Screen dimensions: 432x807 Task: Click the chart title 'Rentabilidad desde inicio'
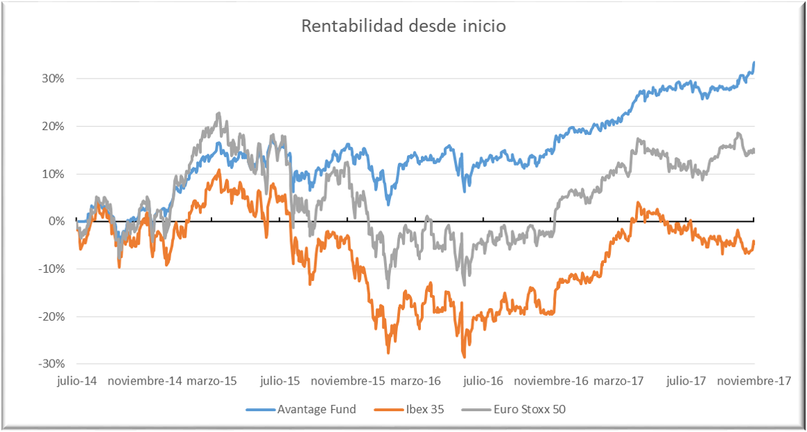point(403,26)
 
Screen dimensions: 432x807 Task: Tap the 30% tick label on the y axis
point(52,79)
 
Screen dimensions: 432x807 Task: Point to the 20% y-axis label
point(52,127)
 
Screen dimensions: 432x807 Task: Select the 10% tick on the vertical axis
point(52,174)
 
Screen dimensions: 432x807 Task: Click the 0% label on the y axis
point(55,221)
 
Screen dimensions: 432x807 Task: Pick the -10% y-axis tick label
point(51,269)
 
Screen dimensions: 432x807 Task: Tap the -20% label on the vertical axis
point(51,317)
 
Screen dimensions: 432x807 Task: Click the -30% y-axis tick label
point(51,364)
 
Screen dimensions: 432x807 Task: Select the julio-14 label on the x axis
point(77,381)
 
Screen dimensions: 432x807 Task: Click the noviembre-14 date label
point(145,381)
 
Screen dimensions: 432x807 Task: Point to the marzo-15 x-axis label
point(212,381)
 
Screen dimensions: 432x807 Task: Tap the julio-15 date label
point(280,381)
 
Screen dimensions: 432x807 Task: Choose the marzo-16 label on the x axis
point(415,381)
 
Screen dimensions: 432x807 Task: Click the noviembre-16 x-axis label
point(551,381)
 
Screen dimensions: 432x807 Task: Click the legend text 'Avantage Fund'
point(317,409)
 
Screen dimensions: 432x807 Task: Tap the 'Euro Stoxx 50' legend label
point(530,409)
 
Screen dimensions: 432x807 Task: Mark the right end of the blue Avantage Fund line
point(754,63)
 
